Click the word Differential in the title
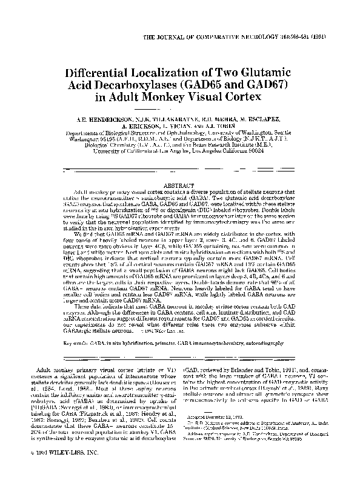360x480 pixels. coord(102,71)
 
